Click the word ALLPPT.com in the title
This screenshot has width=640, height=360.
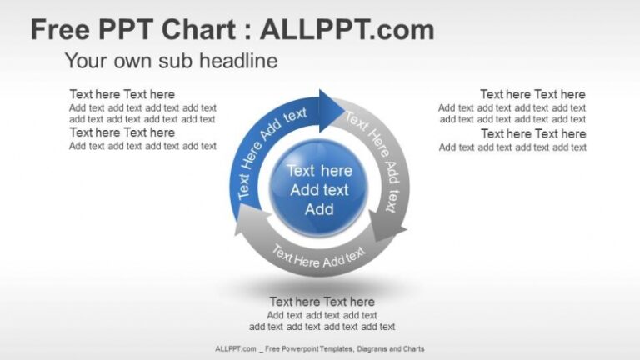coord(347,31)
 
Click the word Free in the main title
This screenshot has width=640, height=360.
coord(60,31)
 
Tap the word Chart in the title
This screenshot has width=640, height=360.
coord(201,31)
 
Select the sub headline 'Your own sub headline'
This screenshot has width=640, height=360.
coord(171,61)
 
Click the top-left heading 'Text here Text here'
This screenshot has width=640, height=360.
coord(122,94)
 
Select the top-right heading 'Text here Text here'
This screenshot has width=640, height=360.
coord(532,94)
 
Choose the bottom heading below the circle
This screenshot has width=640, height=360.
coord(322,302)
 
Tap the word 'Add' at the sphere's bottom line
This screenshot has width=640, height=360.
coord(319,209)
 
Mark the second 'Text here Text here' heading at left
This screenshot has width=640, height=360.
coord(122,132)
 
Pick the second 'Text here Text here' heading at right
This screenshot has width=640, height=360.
coord(532,133)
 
